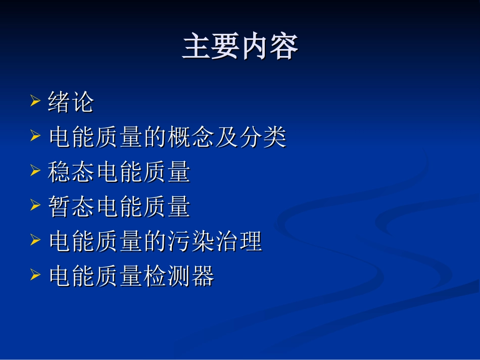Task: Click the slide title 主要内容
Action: [x=240, y=47]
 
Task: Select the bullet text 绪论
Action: [x=71, y=102]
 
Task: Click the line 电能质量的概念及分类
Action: [x=167, y=137]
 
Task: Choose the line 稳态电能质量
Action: [x=119, y=172]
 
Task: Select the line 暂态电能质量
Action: [x=119, y=207]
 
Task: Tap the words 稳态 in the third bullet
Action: [x=71, y=172]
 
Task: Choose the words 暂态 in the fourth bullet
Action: [x=71, y=207]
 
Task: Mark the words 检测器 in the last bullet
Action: [x=179, y=277]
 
